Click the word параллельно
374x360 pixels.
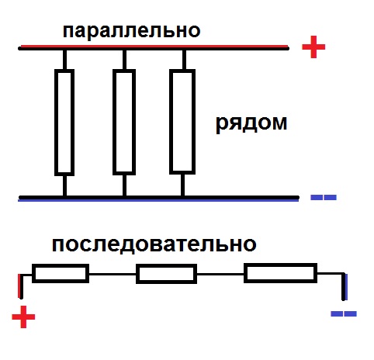click(x=131, y=32)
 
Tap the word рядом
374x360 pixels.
click(x=251, y=124)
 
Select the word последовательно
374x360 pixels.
click(x=154, y=244)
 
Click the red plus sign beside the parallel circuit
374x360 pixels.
click(x=313, y=47)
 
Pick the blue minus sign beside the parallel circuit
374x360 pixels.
click(x=324, y=198)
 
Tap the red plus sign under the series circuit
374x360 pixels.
click(x=23, y=317)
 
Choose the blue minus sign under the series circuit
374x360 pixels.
click(x=344, y=314)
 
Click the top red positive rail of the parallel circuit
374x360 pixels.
click(x=154, y=47)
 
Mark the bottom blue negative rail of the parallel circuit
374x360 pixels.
click(x=158, y=199)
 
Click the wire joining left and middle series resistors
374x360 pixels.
click(x=113, y=274)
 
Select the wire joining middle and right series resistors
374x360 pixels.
click(x=220, y=274)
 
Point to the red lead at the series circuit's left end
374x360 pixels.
click(x=19, y=286)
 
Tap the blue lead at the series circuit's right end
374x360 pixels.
click(x=346, y=286)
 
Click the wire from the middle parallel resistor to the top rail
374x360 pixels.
click(x=124, y=60)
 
